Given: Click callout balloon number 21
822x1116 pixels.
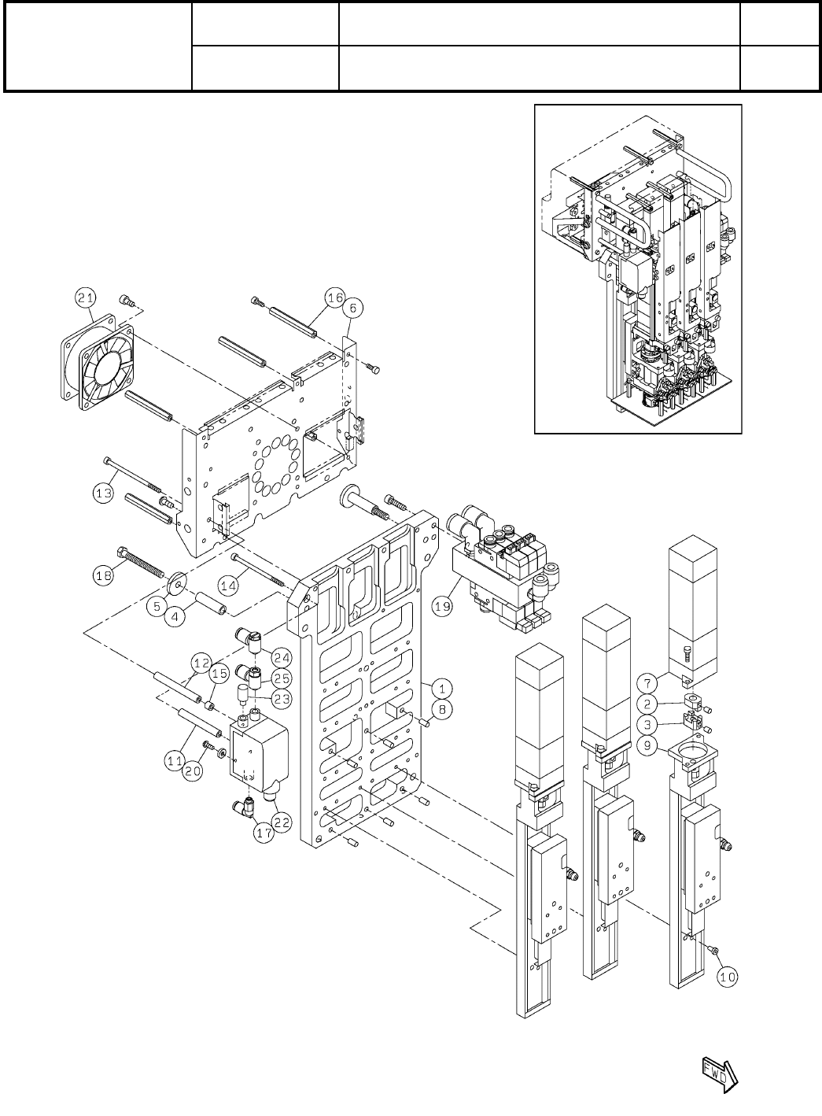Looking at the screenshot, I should [x=86, y=297].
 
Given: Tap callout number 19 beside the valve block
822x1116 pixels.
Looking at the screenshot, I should [x=442, y=608].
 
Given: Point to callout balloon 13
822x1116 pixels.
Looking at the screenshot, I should [x=103, y=493].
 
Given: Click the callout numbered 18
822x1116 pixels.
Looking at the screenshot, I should [x=104, y=575].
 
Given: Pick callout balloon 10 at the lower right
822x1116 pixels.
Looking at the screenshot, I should [x=728, y=977].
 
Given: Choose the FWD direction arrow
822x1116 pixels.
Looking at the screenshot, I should [x=717, y=1071].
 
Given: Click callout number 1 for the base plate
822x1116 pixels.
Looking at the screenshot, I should [x=442, y=688].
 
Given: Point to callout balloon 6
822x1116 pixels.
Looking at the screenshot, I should [x=352, y=309].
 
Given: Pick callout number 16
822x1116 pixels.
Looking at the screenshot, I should [x=335, y=297].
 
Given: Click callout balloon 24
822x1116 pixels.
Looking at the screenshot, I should [x=282, y=656].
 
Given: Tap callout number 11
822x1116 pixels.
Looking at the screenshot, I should [x=175, y=759].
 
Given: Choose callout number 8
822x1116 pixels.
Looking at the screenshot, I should [x=442, y=709].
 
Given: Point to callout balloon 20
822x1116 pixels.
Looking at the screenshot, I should [x=194, y=772].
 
